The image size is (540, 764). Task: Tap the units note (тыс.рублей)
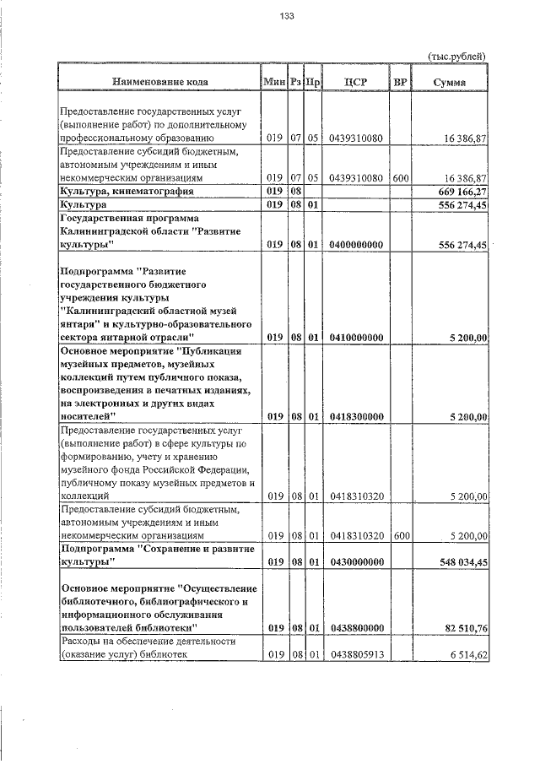(458, 57)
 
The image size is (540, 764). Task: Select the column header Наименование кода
(159, 82)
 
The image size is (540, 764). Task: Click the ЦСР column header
(355, 82)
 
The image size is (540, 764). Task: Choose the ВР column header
(400, 82)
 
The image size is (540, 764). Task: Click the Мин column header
(273, 82)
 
